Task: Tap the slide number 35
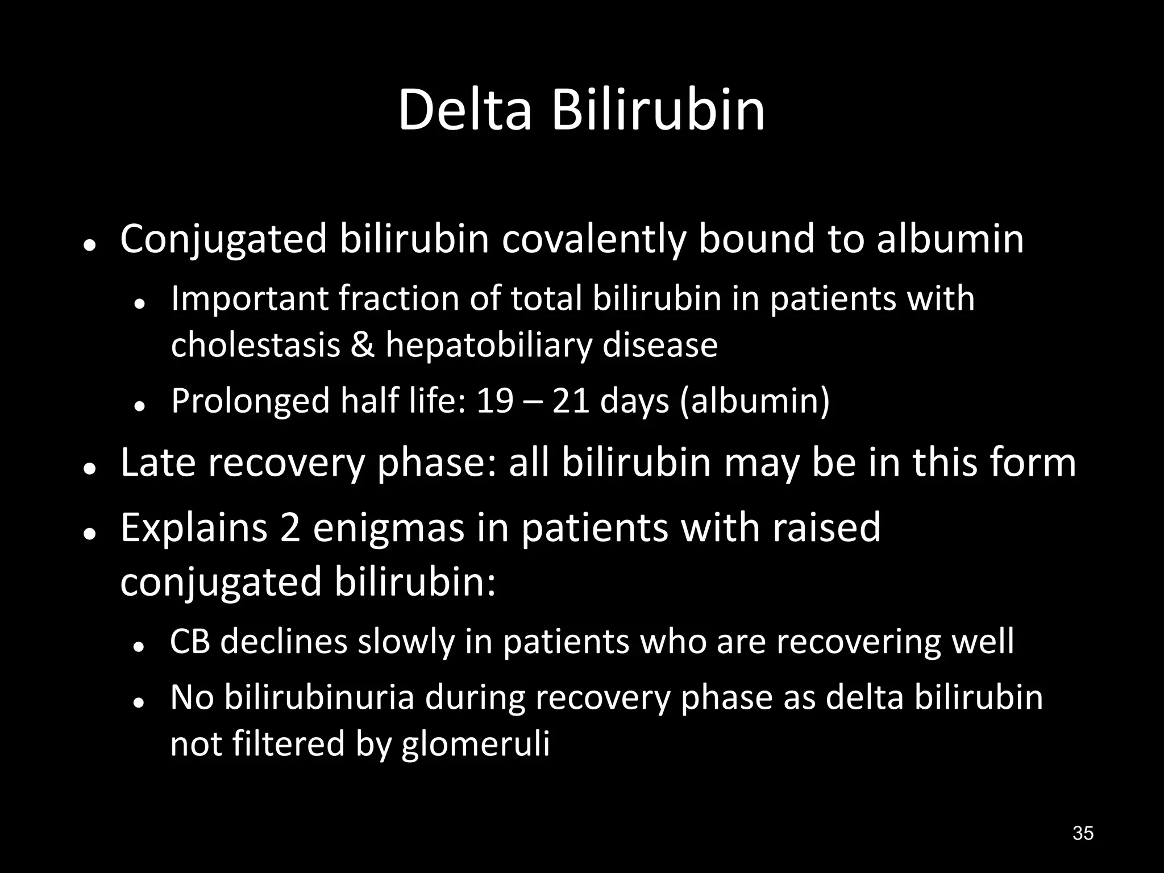(x=1083, y=833)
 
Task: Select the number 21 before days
(x=571, y=401)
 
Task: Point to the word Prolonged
(x=250, y=402)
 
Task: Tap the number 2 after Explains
(x=290, y=527)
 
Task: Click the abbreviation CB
(x=190, y=642)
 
